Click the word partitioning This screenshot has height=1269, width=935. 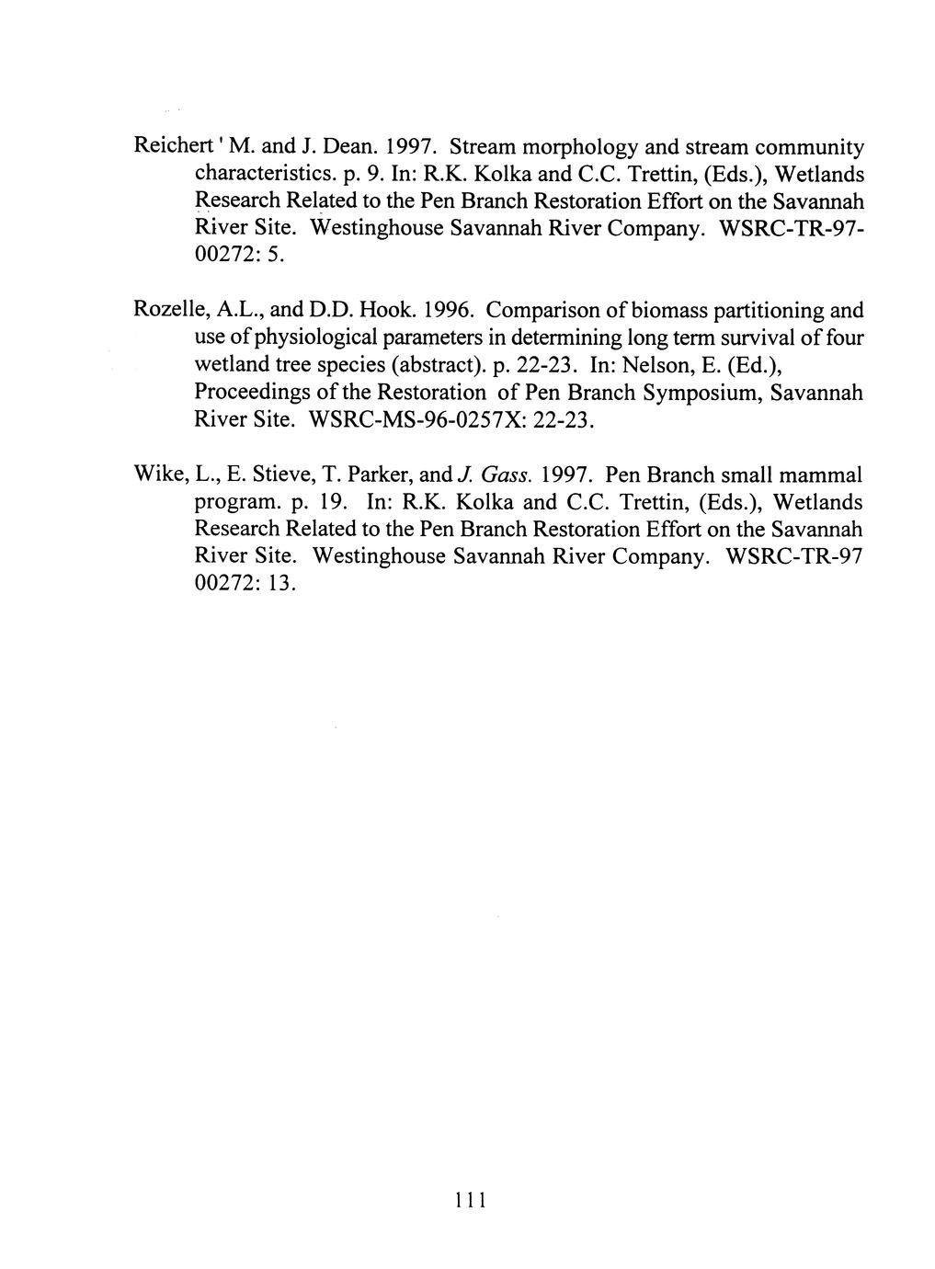[769, 312]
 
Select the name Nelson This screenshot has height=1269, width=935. [658, 366]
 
